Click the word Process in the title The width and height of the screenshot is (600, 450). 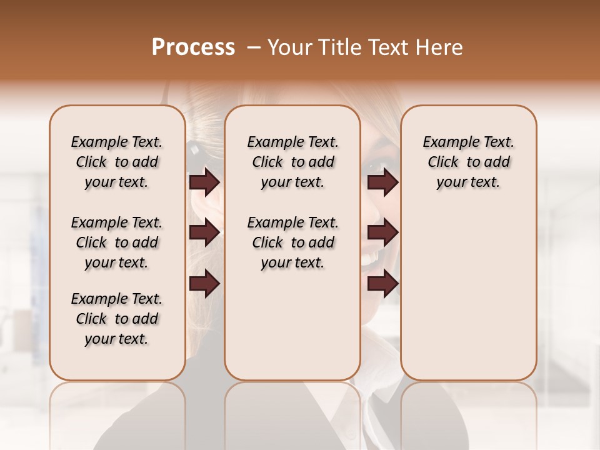(x=192, y=47)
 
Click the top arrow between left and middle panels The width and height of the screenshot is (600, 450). (x=204, y=182)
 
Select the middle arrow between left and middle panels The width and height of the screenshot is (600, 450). (x=204, y=232)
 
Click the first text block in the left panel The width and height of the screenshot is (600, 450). (x=117, y=162)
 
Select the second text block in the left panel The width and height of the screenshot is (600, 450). (x=117, y=242)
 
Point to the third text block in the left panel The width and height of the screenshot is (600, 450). (x=117, y=319)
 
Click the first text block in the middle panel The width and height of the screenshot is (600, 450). (x=292, y=162)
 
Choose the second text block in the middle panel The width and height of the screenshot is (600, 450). (x=292, y=242)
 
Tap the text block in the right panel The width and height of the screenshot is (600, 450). (x=468, y=162)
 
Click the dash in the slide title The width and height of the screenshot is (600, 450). (x=254, y=47)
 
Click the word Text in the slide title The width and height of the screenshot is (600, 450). (x=387, y=47)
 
